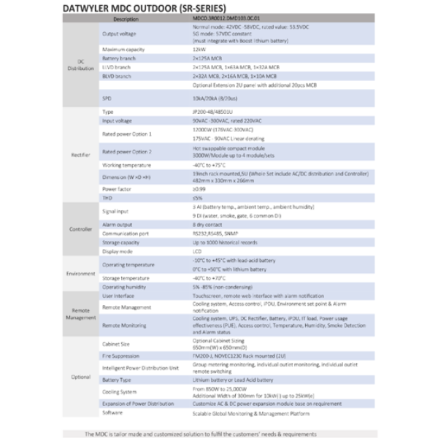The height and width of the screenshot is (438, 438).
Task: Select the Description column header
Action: [126, 19]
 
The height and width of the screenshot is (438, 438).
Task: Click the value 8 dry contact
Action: [207, 226]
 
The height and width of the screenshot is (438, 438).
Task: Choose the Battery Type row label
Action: [117, 380]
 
